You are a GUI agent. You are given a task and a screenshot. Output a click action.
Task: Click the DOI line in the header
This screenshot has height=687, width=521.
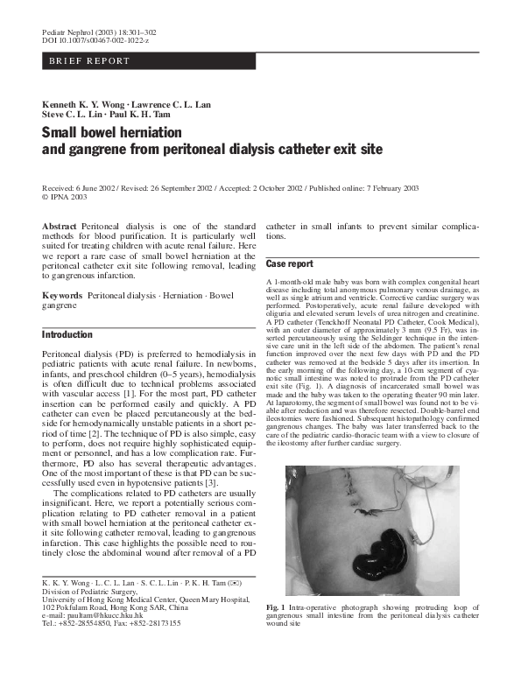click(95, 41)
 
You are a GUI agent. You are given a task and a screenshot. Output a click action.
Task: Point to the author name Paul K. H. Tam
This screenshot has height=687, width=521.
click(138, 115)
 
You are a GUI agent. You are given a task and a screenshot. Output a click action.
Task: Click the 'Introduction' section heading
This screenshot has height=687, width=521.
click(67, 334)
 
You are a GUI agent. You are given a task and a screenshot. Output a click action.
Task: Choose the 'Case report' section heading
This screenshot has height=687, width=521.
click(289, 263)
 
